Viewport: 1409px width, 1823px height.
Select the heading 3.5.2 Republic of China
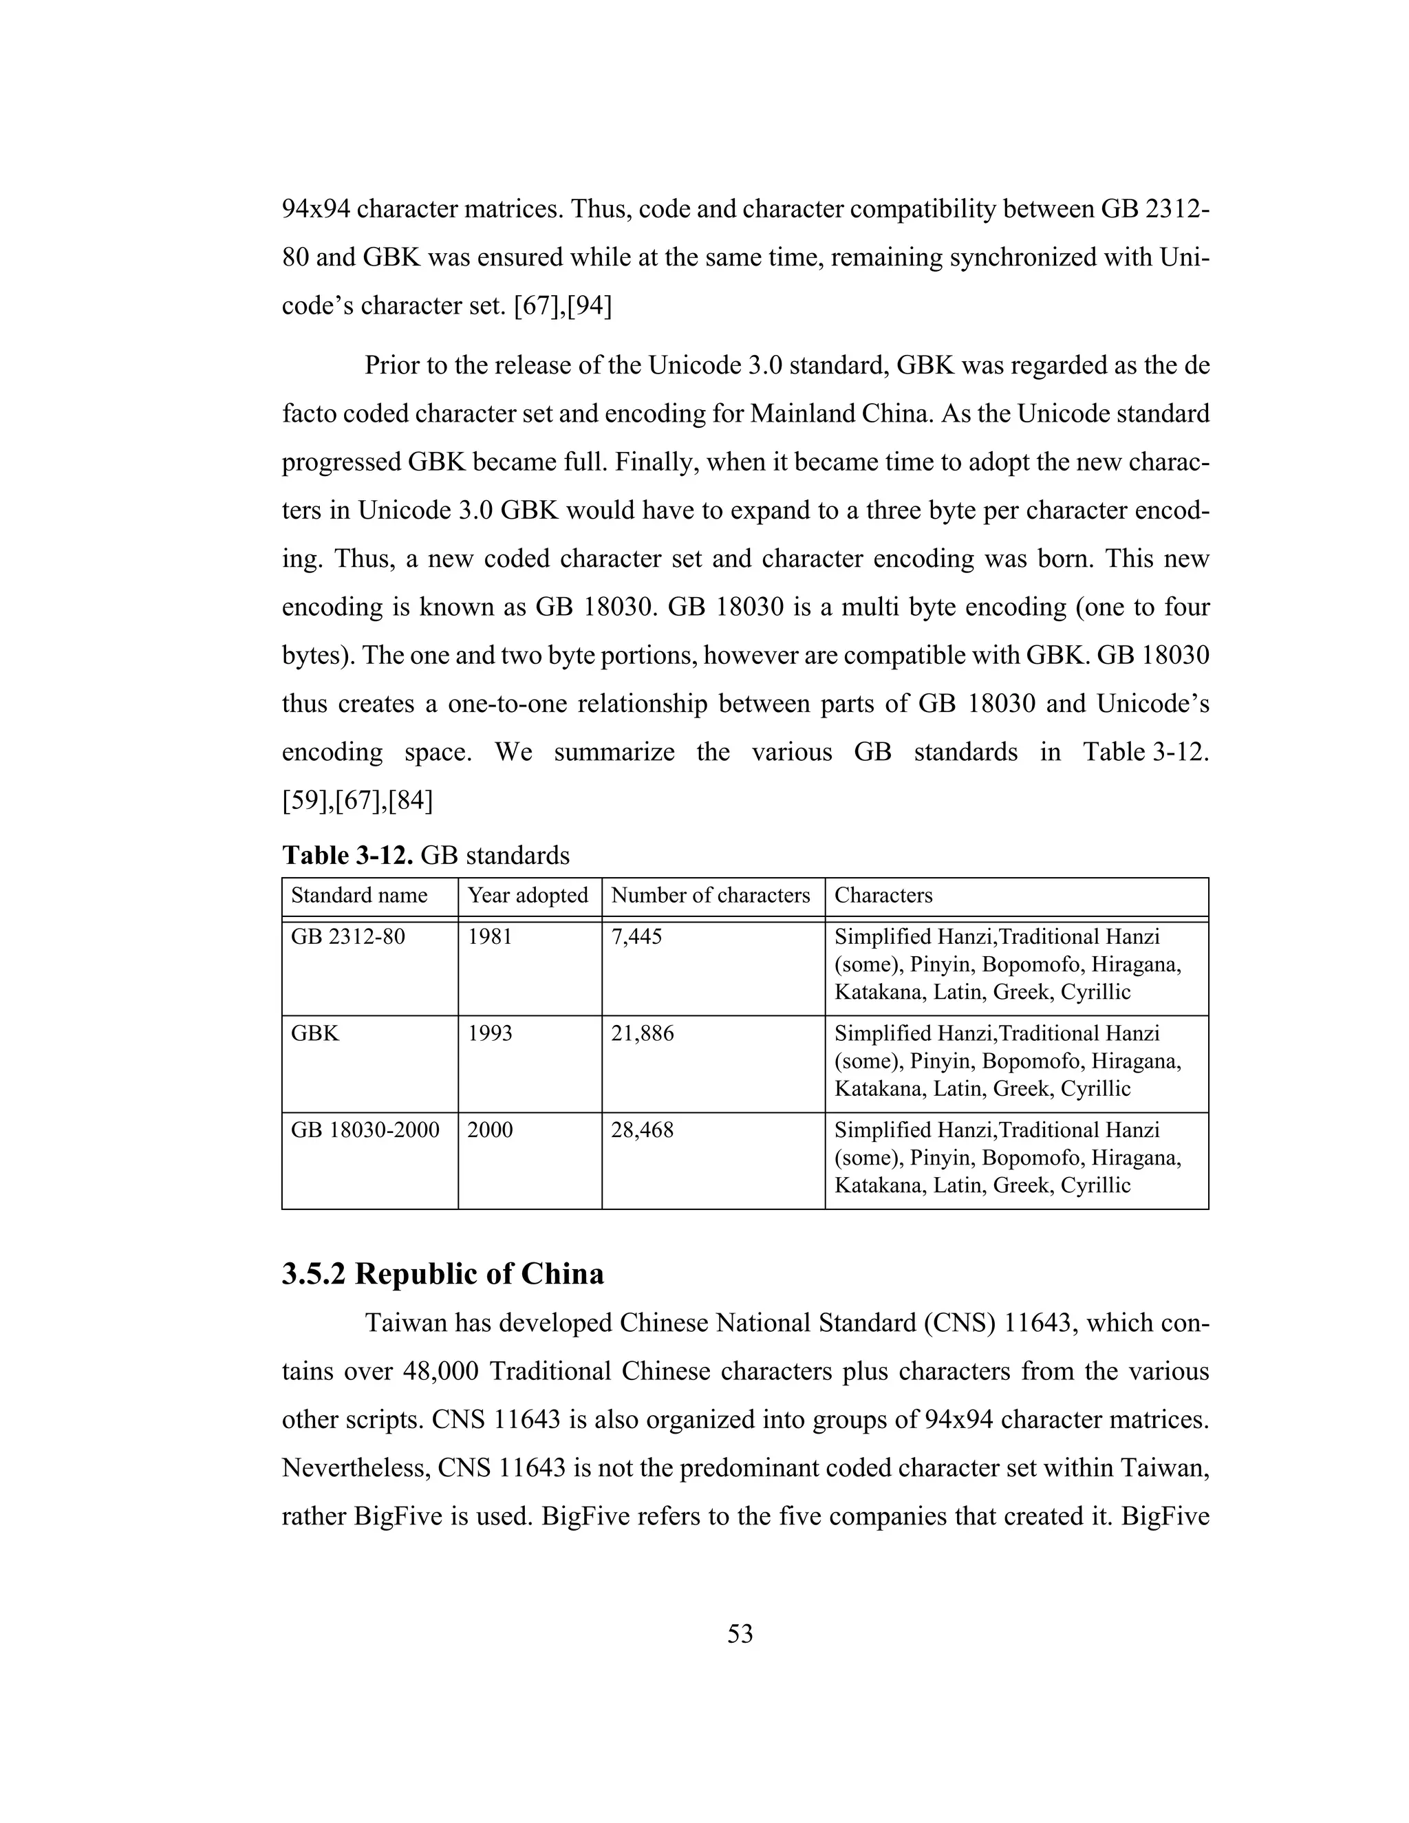point(442,1274)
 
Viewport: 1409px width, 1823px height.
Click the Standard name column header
point(359,896)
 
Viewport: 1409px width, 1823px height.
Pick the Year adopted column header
point(528,896)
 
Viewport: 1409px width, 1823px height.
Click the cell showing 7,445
point(636,936)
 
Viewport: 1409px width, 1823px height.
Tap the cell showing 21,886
point(642,1033)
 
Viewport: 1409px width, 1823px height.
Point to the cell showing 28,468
point(642,1130)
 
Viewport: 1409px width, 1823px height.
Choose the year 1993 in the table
point(490,1033)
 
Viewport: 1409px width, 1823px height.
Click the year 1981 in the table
point(490,936)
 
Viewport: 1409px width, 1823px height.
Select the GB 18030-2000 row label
point(365,1130)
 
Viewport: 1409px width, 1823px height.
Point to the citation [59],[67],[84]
point(357,801)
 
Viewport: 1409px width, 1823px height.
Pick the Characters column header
point(883,896)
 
